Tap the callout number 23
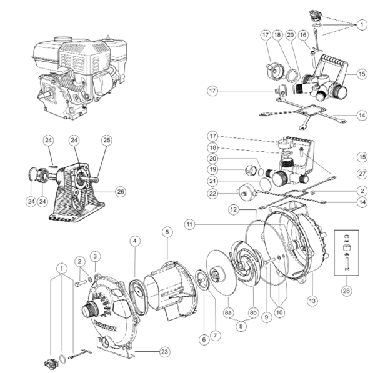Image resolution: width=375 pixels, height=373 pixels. tap(164, 351)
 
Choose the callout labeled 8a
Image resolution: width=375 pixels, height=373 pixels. tap(229, 311)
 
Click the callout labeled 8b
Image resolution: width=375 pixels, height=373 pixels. tap(254, 311)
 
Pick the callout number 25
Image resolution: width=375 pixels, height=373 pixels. tap(106, 140)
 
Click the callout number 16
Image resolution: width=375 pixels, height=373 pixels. tap(303, 36)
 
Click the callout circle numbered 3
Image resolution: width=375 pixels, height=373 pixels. tap(95, 256)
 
